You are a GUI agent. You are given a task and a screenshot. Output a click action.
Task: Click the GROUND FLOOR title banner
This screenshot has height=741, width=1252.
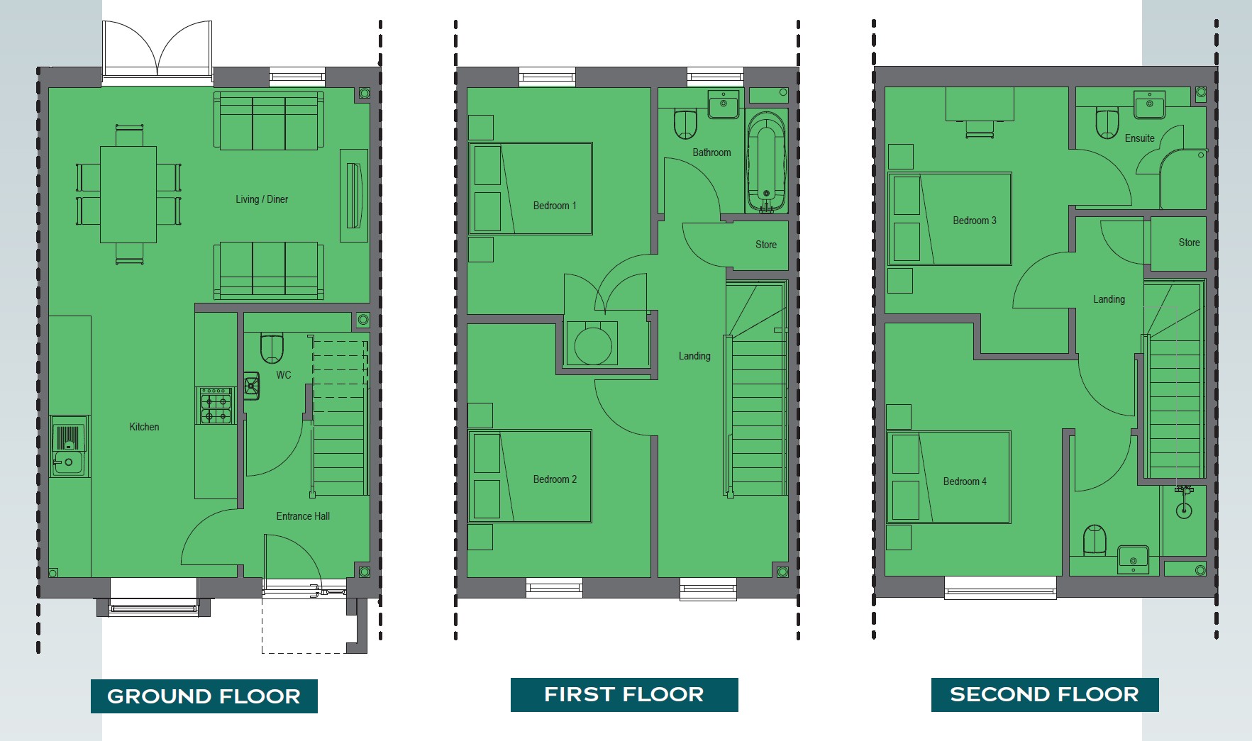click(204, 696)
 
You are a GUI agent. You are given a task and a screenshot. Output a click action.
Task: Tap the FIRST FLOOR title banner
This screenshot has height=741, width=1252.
click(624, 694)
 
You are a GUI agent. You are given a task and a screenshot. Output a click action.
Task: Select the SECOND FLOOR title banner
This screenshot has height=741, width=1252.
click(1045, 694)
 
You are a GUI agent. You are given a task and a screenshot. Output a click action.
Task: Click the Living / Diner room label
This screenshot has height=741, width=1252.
click(262, 199)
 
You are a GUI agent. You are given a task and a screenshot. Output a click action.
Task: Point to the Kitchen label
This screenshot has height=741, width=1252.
click(144, 427)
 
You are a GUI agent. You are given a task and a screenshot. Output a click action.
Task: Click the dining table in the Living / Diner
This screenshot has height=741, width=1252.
click(128, 194)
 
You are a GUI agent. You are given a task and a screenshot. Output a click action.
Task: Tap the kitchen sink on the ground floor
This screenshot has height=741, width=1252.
click(70, 445)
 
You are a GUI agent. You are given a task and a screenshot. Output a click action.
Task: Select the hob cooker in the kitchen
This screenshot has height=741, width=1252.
click(215, 406)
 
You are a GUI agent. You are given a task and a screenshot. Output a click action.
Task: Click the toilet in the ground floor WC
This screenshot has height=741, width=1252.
click(272, 347)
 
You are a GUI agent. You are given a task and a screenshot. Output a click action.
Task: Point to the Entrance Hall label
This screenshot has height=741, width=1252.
click(303, 516)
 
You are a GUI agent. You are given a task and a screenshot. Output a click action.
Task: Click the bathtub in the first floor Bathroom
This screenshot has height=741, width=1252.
click(766, 161)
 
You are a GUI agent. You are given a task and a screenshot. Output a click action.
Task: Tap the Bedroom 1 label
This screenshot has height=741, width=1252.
click(555, 206)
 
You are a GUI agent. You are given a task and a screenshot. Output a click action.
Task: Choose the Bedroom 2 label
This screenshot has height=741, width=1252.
click(555, 479)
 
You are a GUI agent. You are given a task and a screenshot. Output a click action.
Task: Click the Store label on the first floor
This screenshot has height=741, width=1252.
click(766, 245)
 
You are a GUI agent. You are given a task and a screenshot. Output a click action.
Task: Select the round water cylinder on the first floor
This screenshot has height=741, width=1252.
click(593, 345)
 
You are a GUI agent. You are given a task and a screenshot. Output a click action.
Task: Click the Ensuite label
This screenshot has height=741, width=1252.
click(1140, 138)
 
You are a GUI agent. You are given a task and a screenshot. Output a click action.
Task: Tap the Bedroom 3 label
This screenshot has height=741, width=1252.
click(975, 221)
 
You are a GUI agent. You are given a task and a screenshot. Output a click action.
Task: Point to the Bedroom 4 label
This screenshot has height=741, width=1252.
click(965, 481)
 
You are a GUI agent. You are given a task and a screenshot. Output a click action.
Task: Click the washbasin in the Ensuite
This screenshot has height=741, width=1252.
click(1149, 104)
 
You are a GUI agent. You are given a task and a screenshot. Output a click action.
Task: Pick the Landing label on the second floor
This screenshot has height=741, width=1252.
click(1109, 299)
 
